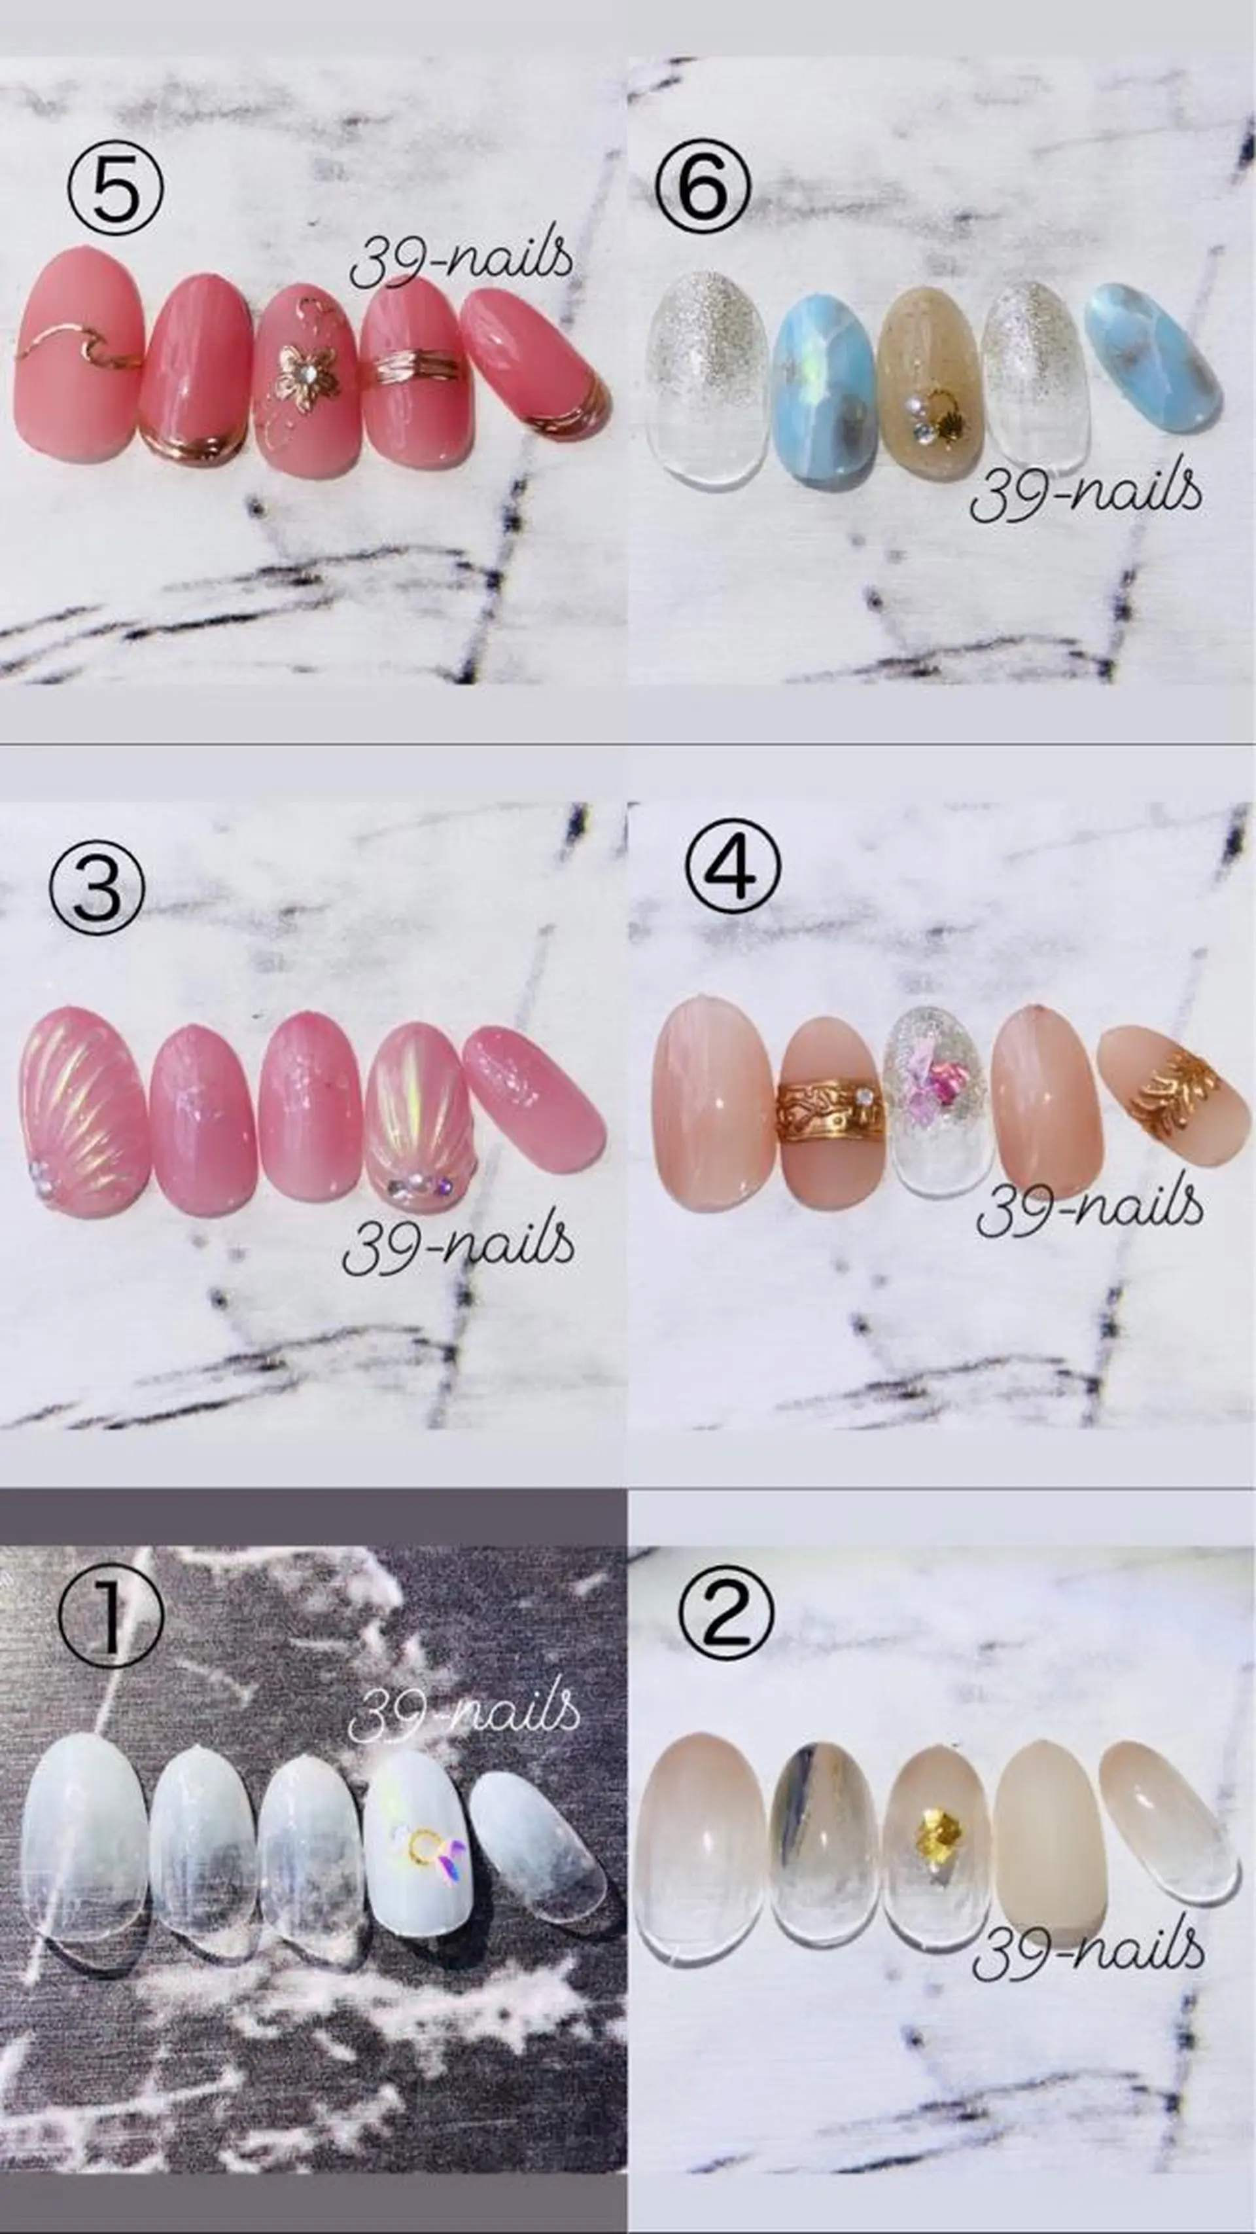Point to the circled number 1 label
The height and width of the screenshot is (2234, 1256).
(111, 1620)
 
